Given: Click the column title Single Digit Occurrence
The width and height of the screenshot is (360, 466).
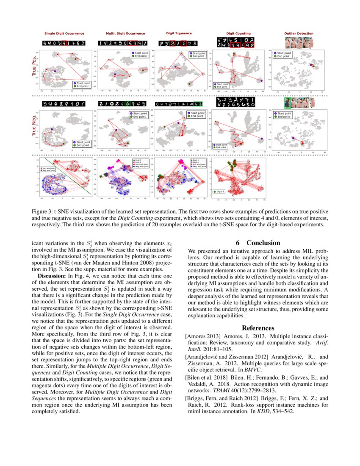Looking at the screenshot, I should [x=64, y=33].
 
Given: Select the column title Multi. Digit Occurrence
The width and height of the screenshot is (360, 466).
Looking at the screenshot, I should [x=125, y=33].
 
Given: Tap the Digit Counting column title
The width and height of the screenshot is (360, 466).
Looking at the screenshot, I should [x=238, y=33].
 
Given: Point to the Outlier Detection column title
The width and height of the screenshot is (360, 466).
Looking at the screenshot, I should [x=299, y=33].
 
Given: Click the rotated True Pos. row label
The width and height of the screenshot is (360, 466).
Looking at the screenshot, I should [x=34, y=67].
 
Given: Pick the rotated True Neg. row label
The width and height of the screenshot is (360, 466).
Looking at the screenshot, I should [x=34, y=125].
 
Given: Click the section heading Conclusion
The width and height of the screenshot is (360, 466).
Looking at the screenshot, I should [x=263, y=243].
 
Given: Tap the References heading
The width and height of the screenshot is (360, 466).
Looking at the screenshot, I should [x=258, y=327].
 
